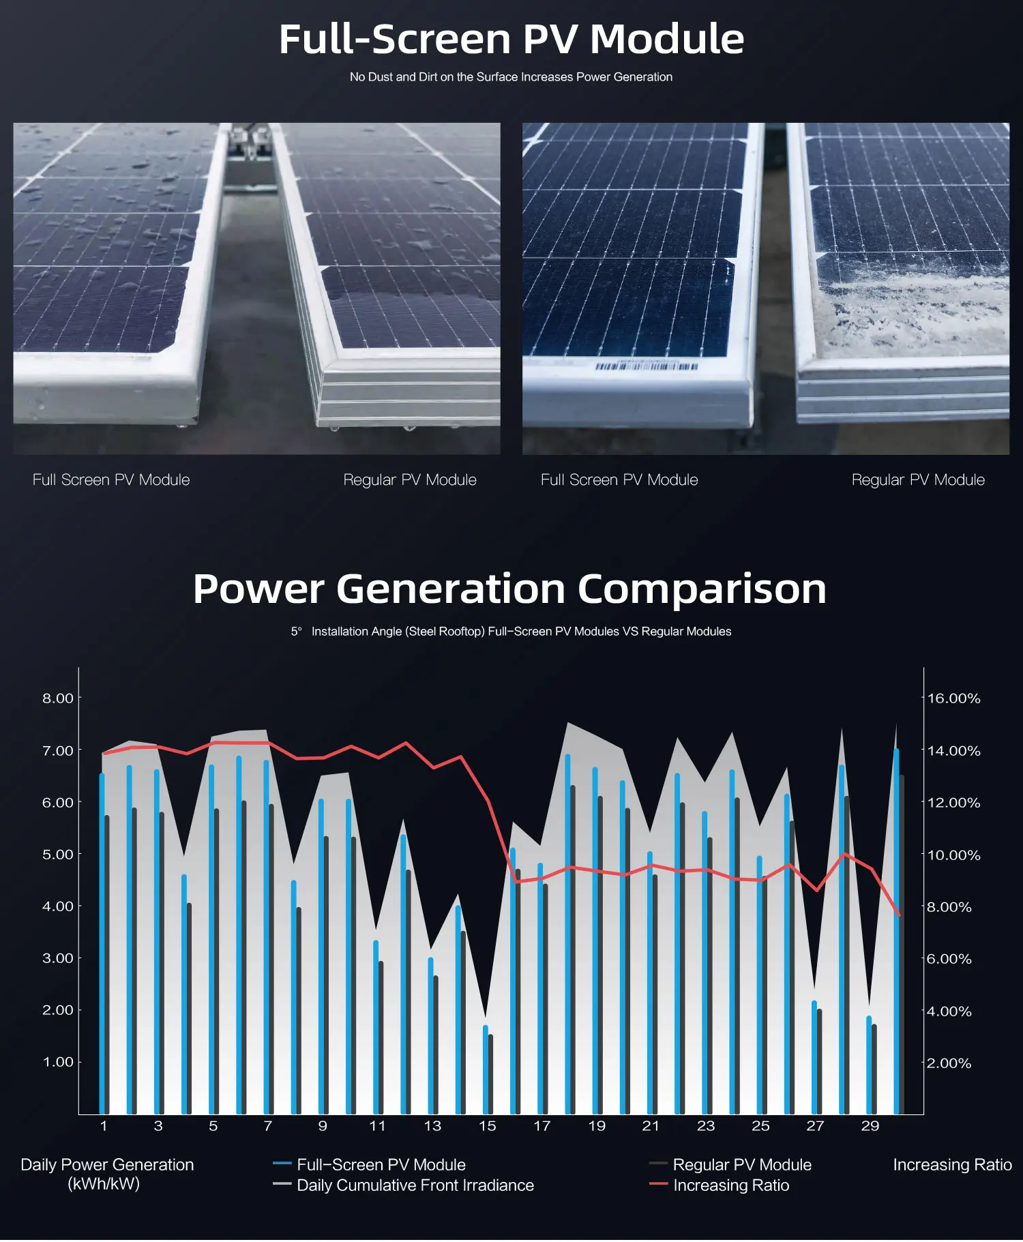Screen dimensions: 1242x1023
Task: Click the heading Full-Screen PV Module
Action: [x=511, y=39]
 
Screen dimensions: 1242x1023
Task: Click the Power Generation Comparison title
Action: [x=509, y=589]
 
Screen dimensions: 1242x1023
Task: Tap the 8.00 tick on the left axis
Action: [x=57, y=698]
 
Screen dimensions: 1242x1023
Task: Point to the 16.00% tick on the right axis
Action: [x=953, y=698]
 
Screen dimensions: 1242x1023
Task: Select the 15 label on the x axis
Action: [x=487, y=1126]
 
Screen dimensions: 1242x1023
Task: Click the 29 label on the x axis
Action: [x=870, y=1126]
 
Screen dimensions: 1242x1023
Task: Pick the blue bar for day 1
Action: [x=102, y=941]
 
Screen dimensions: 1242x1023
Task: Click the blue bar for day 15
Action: [x=486, y=1071]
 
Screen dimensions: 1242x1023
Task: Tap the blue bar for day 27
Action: [x=814, y=1057]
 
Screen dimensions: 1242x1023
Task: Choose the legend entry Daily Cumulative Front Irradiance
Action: [x=415, y=1185]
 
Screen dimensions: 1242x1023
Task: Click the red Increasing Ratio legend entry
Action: [x=730, y=1185]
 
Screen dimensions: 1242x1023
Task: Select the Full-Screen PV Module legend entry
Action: [x=381, y=1165]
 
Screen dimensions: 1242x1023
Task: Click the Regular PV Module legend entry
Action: [x=741, y=1165]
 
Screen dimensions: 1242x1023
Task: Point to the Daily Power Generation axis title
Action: [x=107, y=1174]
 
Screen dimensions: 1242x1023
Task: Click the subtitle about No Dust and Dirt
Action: [x=511, y=77]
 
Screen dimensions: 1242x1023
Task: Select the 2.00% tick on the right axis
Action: [x=949, y=1063]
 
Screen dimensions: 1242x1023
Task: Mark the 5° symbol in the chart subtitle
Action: [x=296, y=632]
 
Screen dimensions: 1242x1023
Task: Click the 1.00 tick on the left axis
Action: [x=57, y=1062]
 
